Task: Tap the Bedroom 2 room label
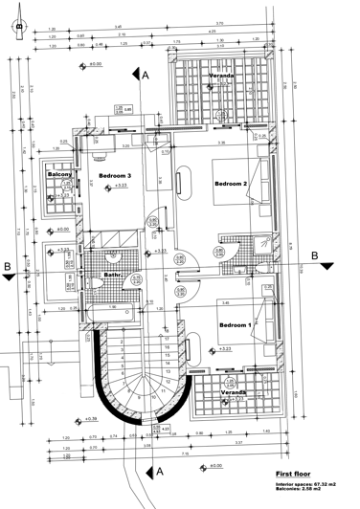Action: (232, 184)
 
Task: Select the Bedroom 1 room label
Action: (235, 325)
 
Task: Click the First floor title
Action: (297, 474)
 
